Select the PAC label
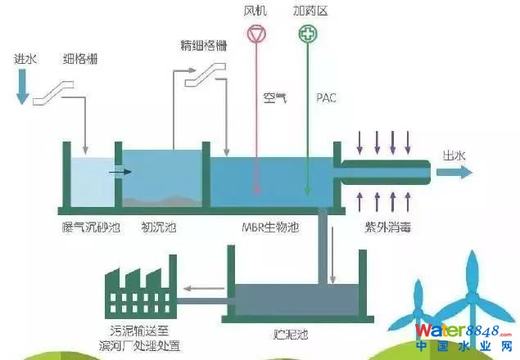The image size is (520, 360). click(x=326, y=98)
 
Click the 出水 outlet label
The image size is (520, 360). click(x=455, y=155)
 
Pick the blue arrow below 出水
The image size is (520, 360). click(x=454, y=173)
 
